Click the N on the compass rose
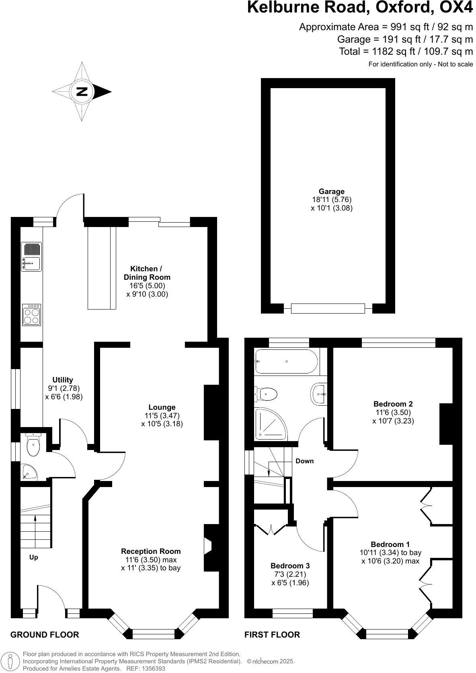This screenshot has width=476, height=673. pyautogui.click(x=82, y=91)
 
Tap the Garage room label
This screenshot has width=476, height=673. pyautogui.click(x=331, y=192)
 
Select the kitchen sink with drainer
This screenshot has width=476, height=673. pyautogui.click(x=31, y=256)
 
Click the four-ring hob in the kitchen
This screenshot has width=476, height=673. pyautogui.click(x=32, y=314)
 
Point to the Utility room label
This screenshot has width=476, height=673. pyautogui.click(x=63, y=380)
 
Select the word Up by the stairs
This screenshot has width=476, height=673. pyautogui.click(x=34, y=557)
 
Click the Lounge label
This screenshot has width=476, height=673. pyautogui.click(x=162, y=407)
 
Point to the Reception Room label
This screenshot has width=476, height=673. pyautogui.click(x=151, y=551)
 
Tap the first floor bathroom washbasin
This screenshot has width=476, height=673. pyautogui.click(x=319, y=393)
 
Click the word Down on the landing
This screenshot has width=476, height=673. pyautogui.click(x=304, y=461)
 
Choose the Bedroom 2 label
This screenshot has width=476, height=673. pyautogui.click(x=393, y=404)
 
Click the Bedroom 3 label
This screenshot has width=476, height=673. pyautogui.click(x=290, y=566)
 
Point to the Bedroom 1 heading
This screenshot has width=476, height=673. pyautogui.click(x=390, y=544)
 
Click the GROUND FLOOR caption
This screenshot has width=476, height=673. pyautogui.click(x=44, y=635)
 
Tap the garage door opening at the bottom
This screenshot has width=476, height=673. pyautogui.click(x=328, y=309)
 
